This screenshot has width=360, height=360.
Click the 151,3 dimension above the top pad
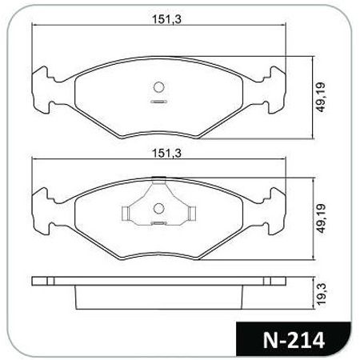click(x=166, y=19)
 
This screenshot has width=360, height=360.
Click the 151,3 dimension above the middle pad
click(x=166, y=154)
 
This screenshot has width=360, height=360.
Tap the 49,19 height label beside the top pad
click(x=321, y=98)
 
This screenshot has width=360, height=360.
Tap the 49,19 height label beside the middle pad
click(x=321, y=218)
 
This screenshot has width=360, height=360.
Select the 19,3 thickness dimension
click(x=322, y=294)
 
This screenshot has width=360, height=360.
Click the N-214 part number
click(x=294, y=340)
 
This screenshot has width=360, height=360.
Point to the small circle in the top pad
click(x=158, y=87)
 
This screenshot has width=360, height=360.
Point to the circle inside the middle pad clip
click(x=158, y=208)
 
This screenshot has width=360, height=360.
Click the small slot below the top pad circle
click(x=158, y=102)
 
